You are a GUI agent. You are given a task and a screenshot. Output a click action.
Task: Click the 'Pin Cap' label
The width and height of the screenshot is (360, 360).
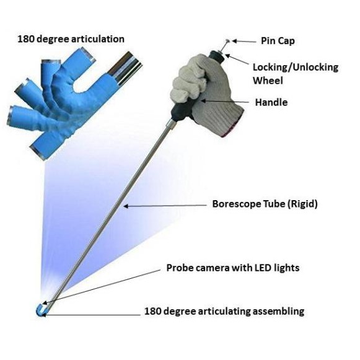click(278, 41)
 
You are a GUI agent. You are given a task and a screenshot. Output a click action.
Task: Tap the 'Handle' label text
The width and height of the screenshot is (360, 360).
click(271, 102)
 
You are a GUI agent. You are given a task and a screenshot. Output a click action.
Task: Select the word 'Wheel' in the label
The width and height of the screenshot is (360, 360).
click(268, 81)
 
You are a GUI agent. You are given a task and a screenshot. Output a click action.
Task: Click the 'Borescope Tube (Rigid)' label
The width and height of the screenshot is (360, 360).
click(265, 204)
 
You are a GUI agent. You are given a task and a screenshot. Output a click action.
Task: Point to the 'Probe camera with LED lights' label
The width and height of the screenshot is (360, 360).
click(233, 268)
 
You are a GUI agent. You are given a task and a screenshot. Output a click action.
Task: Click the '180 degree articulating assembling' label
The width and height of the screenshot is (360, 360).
click(224, 311)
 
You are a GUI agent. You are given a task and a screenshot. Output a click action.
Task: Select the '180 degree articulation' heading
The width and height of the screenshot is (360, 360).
click(71, 39)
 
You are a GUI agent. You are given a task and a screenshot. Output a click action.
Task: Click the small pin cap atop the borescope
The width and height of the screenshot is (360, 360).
click(228, 41)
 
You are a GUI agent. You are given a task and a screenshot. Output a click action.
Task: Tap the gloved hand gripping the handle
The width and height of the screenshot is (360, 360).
click(206, 94)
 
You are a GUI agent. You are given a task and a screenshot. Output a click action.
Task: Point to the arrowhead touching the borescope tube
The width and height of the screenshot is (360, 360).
click(126, 206)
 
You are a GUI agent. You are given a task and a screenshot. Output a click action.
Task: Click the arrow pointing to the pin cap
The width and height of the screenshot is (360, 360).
click(244, 42)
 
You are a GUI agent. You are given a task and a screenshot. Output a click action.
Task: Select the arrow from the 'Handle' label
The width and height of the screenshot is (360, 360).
click(224, 101)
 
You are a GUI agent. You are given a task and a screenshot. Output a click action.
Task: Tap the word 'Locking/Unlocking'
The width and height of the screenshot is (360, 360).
click(296, 68)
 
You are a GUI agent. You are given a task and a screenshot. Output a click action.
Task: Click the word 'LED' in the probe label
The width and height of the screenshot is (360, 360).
click(261, 268)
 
